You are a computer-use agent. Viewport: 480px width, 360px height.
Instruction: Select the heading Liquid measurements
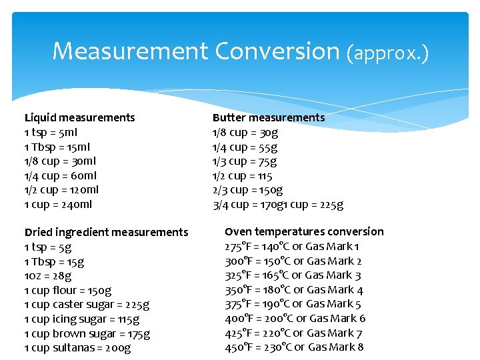(x=79, y=117)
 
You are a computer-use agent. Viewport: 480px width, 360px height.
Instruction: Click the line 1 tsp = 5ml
(x=51, y=132)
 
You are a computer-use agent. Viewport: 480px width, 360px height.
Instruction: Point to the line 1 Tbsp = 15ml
(x=57, y=147)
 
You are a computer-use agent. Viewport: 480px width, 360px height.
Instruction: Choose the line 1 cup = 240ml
(x=58, y=205)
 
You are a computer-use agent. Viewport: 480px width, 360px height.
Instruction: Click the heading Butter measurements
(x=269, y=117)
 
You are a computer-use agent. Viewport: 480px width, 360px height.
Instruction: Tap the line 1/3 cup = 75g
(x=245, y=161)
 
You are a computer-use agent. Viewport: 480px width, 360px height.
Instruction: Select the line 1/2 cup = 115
(x=242, y=176)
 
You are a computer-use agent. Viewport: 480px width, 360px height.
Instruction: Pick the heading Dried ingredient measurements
(x=106, y=232)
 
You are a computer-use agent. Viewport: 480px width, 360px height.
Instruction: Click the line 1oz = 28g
(x=47, y=275)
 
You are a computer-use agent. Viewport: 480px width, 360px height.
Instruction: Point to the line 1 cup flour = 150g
(x=67, y=290)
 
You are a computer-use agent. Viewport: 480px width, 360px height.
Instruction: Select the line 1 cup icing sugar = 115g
(x=79, y=319)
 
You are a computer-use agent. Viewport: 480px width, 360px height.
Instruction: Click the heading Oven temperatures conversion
(x=304, y=231)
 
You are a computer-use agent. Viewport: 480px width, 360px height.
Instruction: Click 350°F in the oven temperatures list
(x=237, y=289)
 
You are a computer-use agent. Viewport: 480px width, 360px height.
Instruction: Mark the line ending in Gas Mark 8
(x=294, y=347)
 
